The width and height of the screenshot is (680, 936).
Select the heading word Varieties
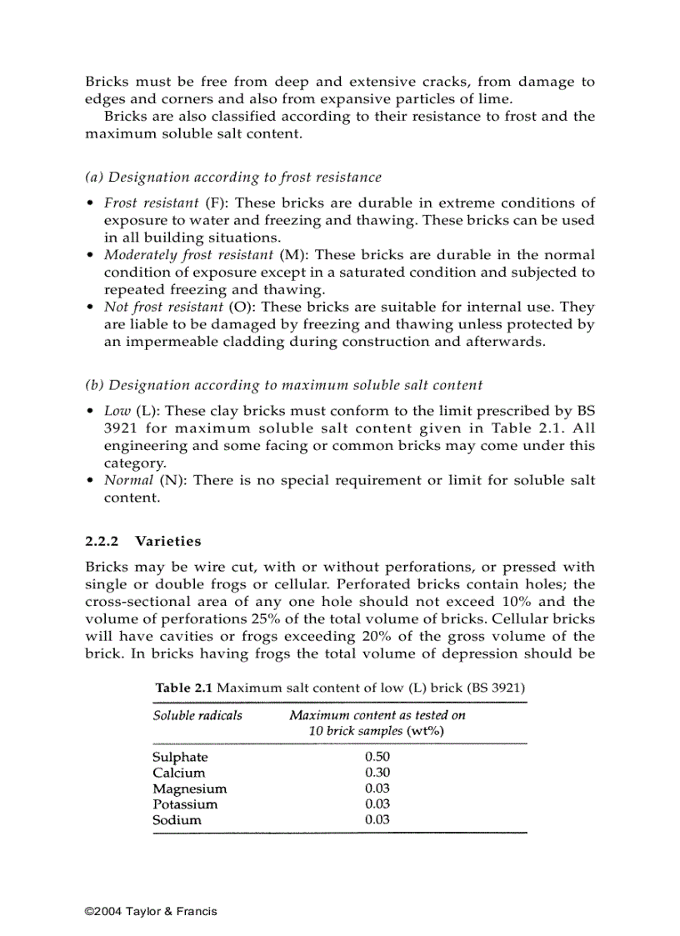168,542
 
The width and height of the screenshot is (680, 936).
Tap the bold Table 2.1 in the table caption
185,688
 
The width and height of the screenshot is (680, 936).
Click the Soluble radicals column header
197,715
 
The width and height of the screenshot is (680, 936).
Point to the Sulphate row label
180,757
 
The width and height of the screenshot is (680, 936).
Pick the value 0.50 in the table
377,757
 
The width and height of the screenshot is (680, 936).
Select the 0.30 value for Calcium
377,773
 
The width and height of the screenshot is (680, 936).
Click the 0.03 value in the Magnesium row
377,788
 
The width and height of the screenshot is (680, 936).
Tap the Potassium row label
185,804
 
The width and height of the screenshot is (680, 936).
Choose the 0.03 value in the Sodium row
377,820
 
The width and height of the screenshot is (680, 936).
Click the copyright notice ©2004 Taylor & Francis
151,911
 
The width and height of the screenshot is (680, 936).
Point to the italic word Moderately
137,255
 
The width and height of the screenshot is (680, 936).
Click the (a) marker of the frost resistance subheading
94,178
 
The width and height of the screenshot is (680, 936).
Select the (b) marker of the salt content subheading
94,385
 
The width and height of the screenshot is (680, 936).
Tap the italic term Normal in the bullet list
127,480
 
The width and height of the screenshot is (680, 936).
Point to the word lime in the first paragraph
497,99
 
